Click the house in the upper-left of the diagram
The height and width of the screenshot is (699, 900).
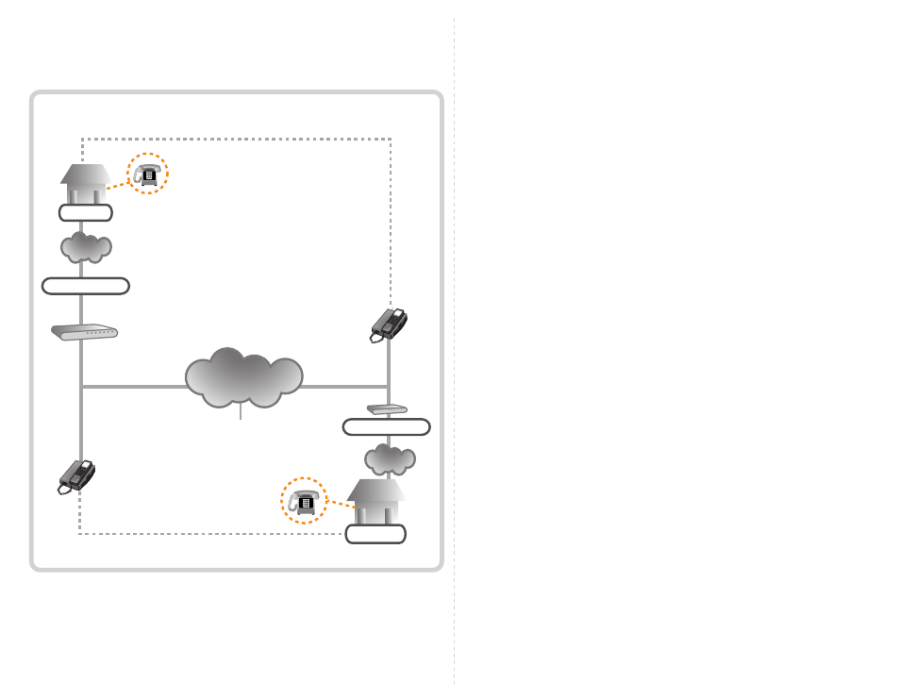[86, 184]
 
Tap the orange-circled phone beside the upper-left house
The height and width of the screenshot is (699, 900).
[147, 174]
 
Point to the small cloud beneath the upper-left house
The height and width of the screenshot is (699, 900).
[86, 247]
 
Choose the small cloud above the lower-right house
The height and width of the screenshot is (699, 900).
[390, 459]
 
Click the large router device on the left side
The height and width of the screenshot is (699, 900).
[84, 332]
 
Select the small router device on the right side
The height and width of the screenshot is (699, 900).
[386, 410]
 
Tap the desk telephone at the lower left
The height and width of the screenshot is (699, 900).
[76, 475]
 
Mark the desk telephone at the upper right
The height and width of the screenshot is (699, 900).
[389, 325]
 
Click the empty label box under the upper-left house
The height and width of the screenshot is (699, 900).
[85, 212]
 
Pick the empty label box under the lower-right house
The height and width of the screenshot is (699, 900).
[375, 534]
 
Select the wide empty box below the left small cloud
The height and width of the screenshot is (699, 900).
[86, 286]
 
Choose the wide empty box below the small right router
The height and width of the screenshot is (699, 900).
[386, 427]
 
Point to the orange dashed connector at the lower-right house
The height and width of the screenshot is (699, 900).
[340, 505]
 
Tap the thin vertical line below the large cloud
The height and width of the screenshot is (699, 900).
[242, 413]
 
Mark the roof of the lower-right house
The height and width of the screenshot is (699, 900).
[375, 490]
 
